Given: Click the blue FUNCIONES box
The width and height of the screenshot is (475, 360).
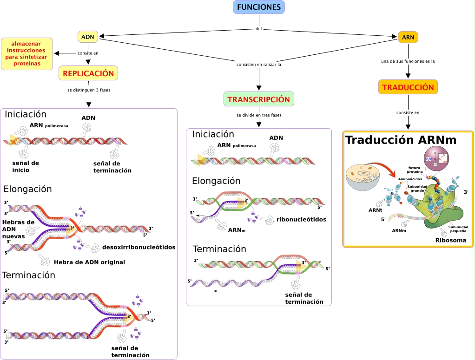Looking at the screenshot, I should click(258, 7).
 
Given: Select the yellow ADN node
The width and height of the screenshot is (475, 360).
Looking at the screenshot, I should click(87, 37).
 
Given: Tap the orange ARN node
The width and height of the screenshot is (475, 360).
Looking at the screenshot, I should click(408, 37).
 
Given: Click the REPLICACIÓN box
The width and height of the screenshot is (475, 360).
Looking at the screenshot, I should click(88, 73).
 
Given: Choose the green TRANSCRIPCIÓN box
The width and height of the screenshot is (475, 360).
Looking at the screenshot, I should click(259, 99).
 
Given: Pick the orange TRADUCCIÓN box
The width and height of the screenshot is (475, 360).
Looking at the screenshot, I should click(408, 87).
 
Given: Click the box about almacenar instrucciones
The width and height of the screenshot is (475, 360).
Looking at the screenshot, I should click(26, 53).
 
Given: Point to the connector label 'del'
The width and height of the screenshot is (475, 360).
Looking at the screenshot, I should click(259, 28).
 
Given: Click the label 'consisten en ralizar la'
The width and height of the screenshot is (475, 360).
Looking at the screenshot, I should click(259, 65).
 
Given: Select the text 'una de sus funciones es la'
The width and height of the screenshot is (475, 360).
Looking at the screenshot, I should click(408, 61).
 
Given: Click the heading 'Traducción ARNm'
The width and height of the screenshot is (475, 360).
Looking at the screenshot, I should click(401, 140).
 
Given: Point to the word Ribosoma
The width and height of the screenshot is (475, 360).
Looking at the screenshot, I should click(450, 240).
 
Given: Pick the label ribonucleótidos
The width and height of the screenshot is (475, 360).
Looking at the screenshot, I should click(302, 219).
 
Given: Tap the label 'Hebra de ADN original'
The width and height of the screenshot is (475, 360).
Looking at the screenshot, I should click(89, 262).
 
